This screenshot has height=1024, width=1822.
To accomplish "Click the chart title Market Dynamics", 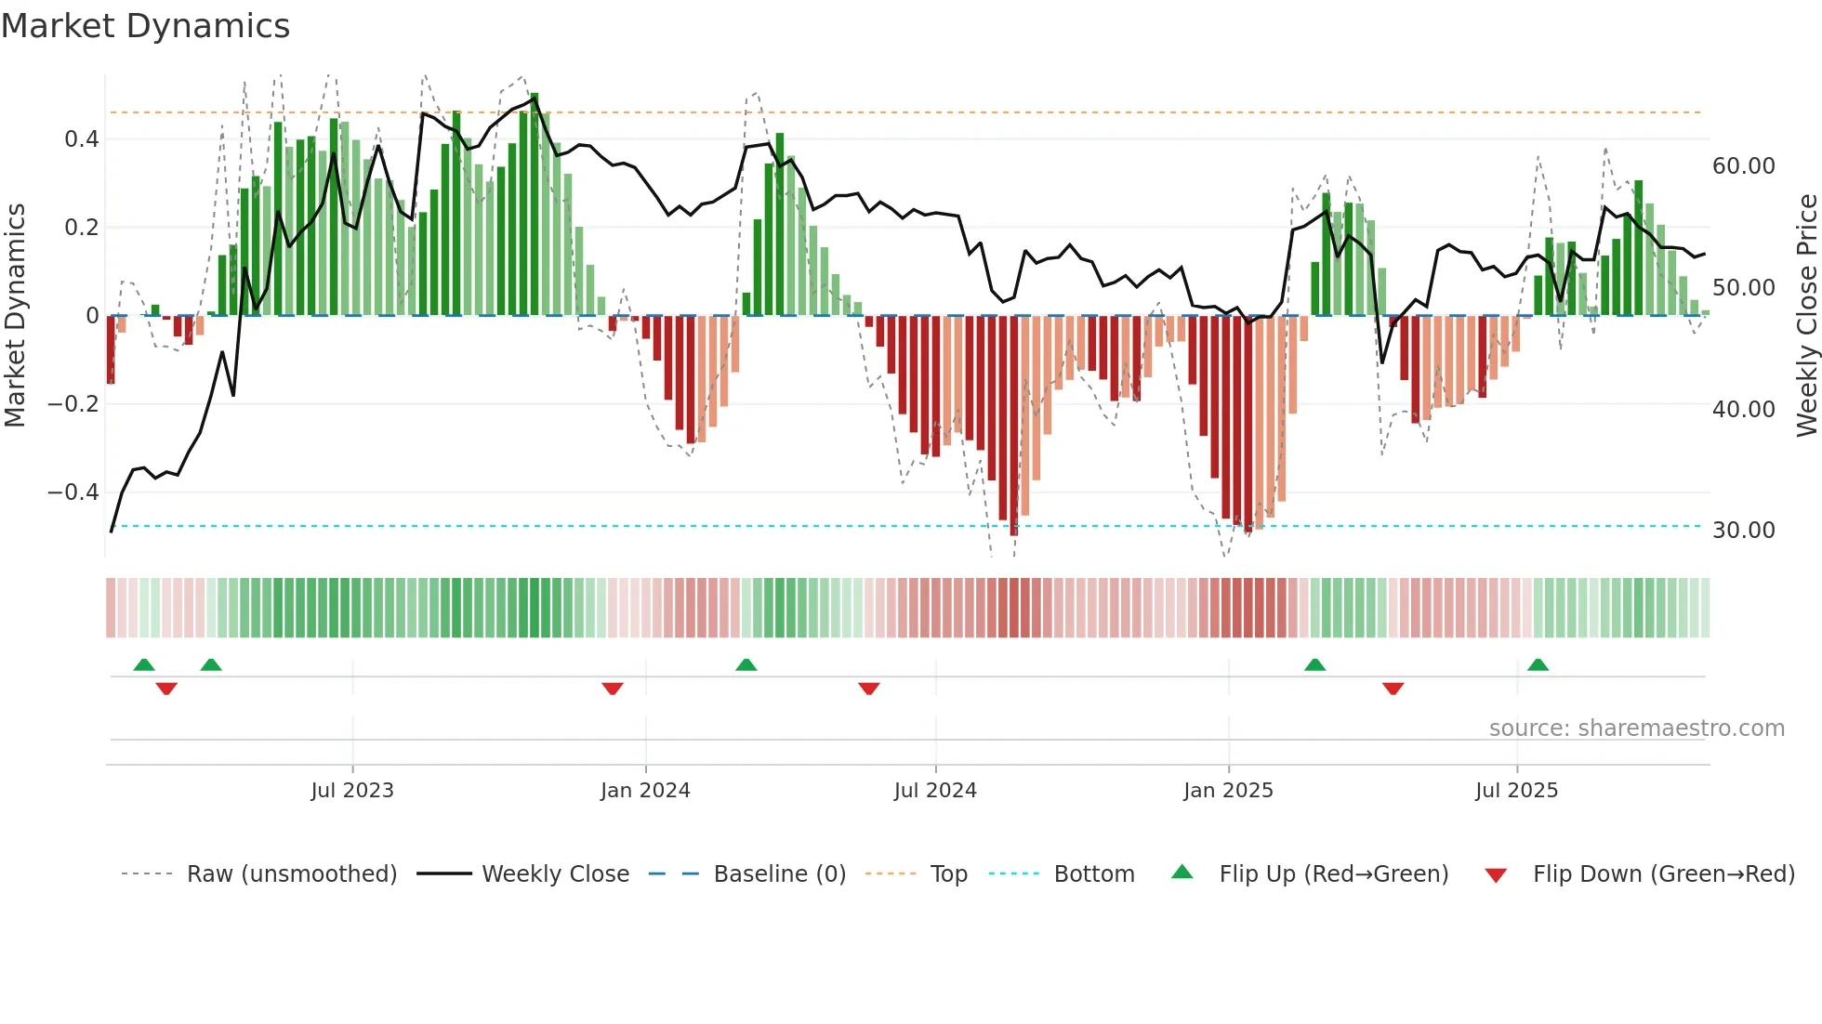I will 145,26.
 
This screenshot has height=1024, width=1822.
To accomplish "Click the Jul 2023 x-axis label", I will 352,791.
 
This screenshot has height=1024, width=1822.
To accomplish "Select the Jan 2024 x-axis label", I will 645,791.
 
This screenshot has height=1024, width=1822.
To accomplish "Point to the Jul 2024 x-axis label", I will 935,791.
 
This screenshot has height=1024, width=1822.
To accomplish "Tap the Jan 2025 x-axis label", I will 1228,791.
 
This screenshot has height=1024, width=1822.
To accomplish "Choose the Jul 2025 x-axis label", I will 1516,791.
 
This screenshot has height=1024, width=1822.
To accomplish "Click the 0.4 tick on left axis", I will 82,139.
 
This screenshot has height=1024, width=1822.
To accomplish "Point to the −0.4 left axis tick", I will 73,492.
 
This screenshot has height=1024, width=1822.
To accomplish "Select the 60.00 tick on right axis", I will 1744,166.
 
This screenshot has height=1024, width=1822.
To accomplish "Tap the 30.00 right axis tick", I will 1744,531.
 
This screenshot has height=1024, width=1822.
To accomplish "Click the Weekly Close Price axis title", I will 1806,316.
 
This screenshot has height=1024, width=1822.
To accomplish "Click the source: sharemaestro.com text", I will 1636,729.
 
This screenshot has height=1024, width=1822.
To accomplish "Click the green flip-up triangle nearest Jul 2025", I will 1538,665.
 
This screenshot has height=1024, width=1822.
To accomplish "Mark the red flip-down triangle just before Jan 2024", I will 613,689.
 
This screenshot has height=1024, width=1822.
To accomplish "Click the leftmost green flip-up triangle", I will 144,665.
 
